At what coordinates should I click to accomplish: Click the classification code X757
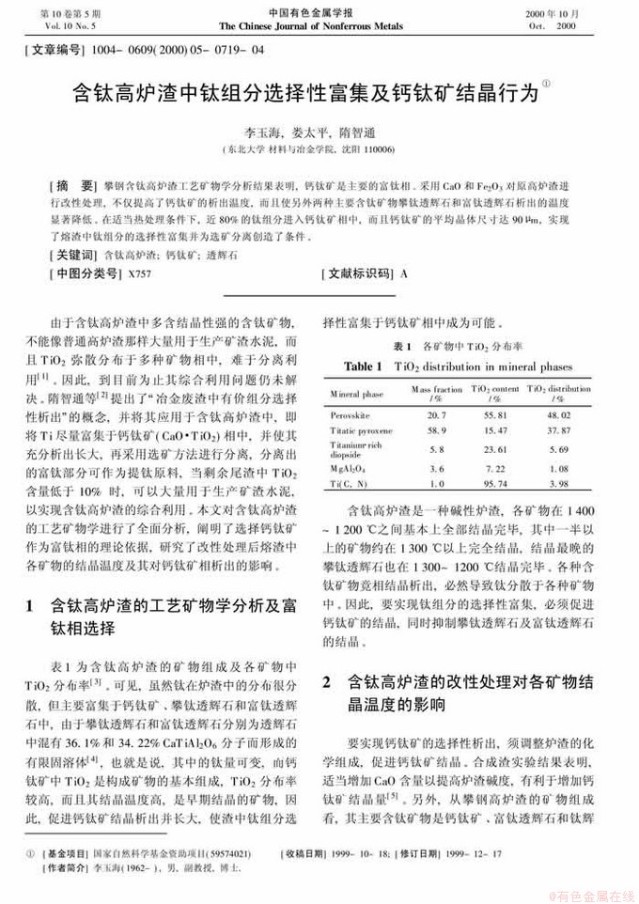coord(138,273)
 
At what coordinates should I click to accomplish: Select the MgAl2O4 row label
coord(349,467)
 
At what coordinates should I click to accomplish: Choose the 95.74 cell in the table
coord(495,484)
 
